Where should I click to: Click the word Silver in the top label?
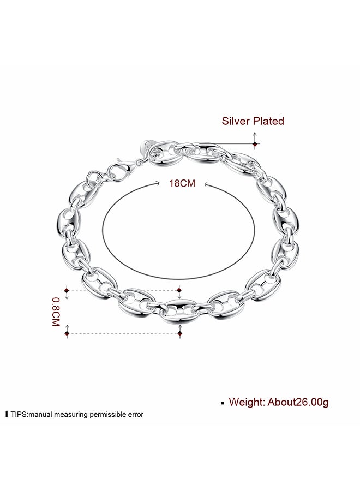[236, 121]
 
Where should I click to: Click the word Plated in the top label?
[268, 121]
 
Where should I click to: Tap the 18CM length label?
[182, 184]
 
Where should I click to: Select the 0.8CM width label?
[55, 312]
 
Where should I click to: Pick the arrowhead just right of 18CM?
[206, 185]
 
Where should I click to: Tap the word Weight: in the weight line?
[247, 402]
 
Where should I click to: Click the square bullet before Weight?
[221, 403]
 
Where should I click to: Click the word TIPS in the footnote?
[19, 414]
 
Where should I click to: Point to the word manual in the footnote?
[41, 414]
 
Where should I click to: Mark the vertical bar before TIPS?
[7, 414]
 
